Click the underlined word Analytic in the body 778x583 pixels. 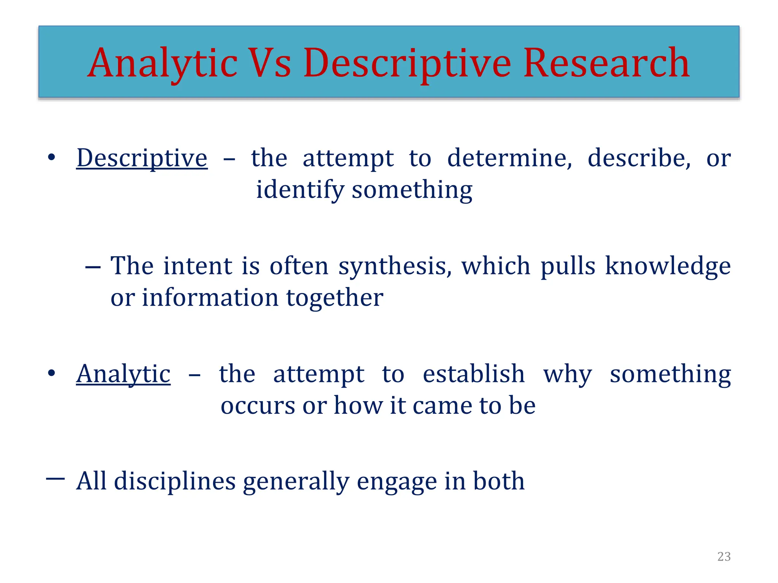coord(123,374)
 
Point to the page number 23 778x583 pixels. coord(724,556)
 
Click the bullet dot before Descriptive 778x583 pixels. coord(52,157)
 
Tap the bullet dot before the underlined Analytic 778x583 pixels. coord(52,373)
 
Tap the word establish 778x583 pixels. coord(474,374)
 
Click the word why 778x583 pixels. coord(567,375)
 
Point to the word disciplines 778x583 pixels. coord(175,481)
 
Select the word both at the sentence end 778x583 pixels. coord(498,481)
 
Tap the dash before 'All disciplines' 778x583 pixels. coord(55,479)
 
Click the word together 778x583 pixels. coord(334,298)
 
